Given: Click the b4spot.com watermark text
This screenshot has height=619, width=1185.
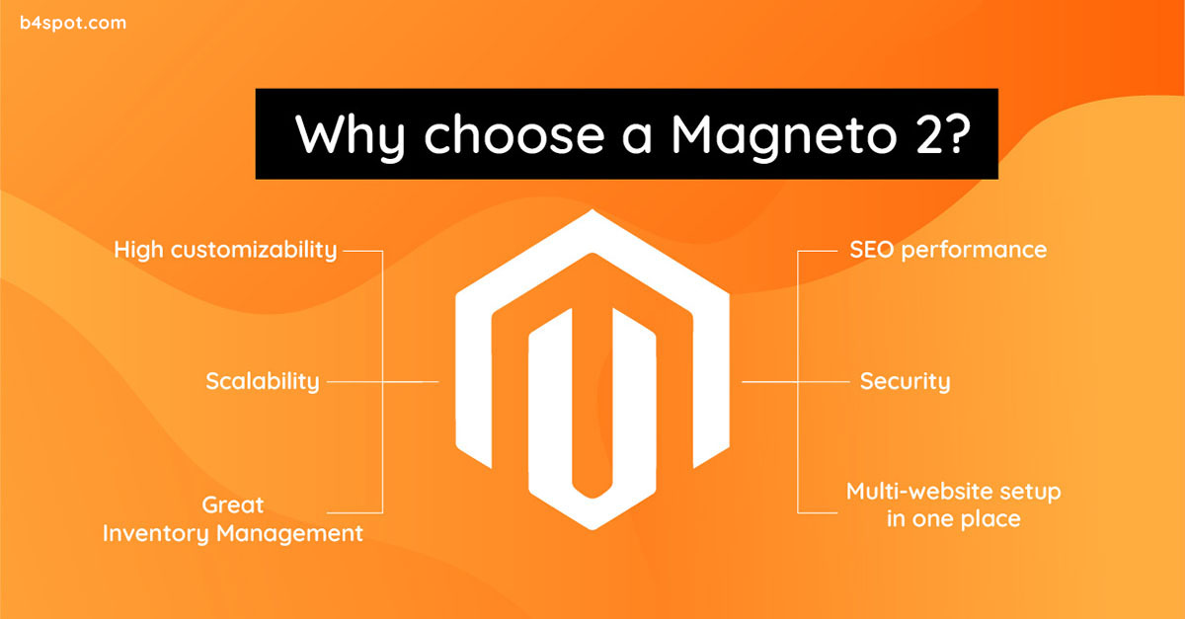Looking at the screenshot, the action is [73, 24].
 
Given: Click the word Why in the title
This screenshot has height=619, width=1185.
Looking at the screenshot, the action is [351, 135].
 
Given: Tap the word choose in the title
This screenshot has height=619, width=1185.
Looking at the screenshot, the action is [514, 134].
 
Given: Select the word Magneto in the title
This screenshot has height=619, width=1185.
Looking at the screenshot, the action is [784, 136].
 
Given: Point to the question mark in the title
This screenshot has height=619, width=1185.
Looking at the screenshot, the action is [957, 133].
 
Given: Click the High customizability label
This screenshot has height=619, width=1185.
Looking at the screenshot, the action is [225, 250].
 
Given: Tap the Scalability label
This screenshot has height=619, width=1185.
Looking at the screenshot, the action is [263, 381].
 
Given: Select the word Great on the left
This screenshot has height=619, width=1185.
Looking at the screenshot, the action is [233, 505].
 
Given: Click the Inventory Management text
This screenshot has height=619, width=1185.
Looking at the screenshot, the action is [233, 533].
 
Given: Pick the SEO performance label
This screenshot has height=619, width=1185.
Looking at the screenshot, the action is [948, 250].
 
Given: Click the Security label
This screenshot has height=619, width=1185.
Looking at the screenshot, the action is [906, 381].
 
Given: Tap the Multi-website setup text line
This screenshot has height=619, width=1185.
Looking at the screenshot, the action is [953, 492].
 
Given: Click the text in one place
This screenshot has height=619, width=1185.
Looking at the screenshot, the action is [953, 519].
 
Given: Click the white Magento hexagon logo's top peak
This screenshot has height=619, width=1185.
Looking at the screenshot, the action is [592, 210].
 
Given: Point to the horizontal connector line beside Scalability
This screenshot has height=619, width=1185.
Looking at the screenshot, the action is [383, 381].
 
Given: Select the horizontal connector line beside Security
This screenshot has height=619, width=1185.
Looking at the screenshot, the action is [796, 381].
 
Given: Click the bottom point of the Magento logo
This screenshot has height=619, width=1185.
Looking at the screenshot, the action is [592, 528].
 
